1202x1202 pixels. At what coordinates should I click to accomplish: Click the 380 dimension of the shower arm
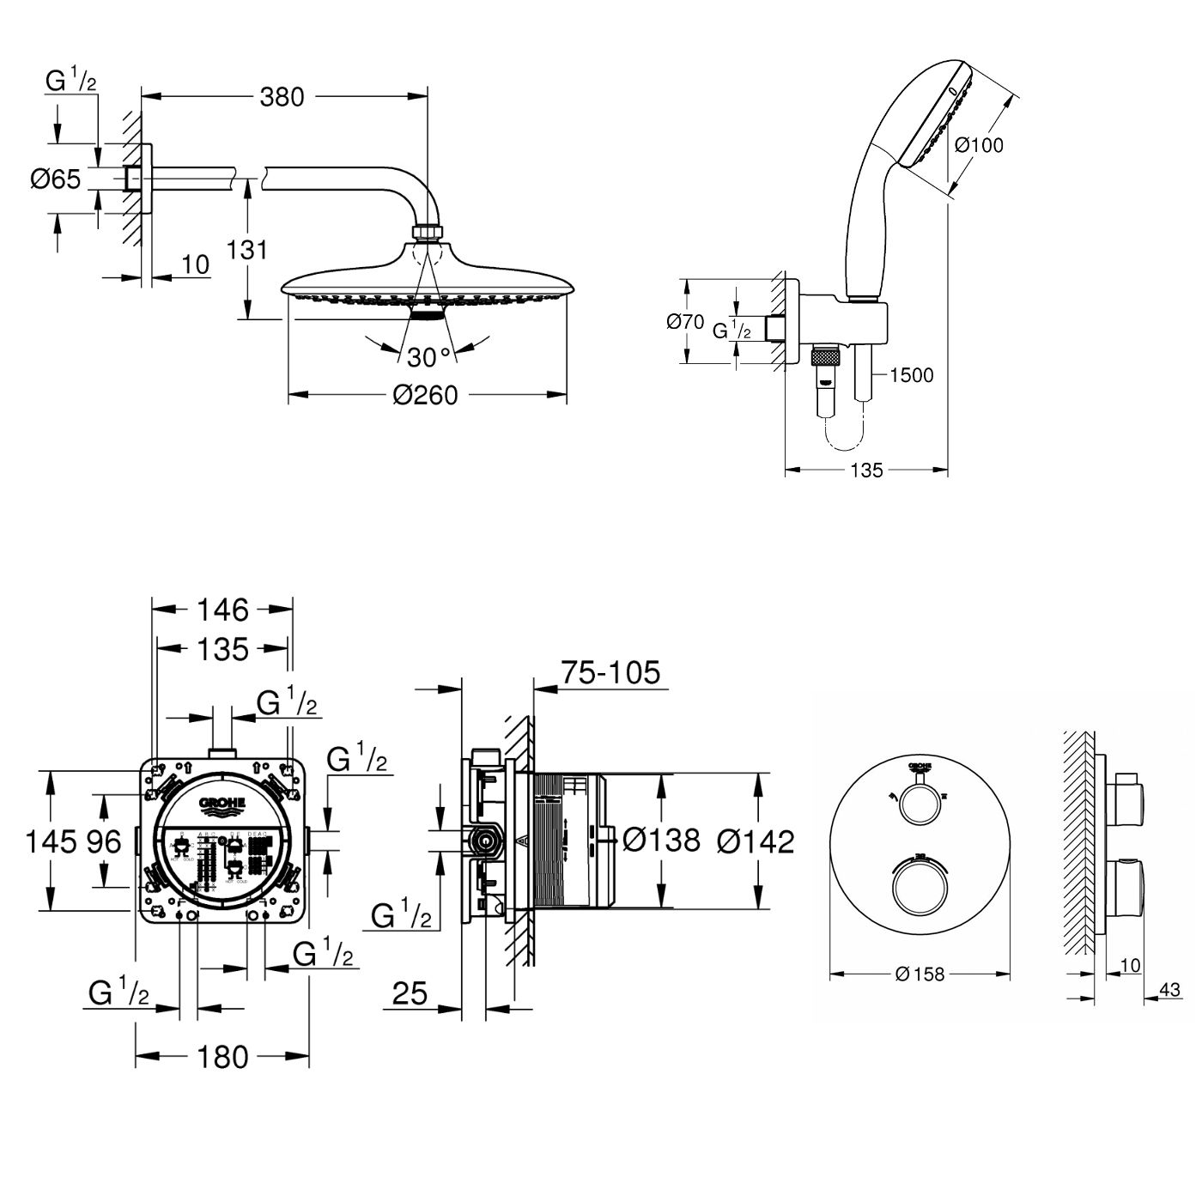click(282, 97)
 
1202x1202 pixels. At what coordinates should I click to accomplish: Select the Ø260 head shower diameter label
click(425, 395)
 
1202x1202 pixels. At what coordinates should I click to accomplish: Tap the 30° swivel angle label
click(428, 356)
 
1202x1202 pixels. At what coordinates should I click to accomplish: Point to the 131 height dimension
click(247, 250)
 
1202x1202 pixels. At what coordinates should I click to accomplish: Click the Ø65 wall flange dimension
click(56, 179)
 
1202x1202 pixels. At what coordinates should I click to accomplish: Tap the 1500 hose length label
click(912, 374)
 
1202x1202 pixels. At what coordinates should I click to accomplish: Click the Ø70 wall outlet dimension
click(685, 322)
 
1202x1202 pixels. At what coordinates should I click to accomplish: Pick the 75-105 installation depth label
click(610, 672)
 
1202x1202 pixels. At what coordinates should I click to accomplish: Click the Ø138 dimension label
click(661, 840)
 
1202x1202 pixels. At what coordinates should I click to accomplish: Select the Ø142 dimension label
click(756, 841)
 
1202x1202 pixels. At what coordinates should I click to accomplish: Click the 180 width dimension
click(223, 1057)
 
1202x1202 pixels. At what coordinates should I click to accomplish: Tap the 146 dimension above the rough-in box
click(223, 610)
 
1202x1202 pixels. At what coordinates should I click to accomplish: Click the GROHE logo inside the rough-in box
click(222, 804)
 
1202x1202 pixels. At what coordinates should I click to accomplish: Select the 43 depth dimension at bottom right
click(1169, 990)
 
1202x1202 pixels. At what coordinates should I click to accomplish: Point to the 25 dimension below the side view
click(410, 993)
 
